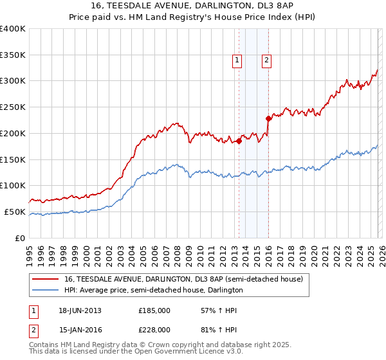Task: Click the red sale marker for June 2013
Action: pyautogui.click(x=239, y=141)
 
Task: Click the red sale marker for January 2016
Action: pyautogui.click(x=268, y=118)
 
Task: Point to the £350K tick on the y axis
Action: pyautogui.click(x=13, y=55)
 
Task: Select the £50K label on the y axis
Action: pyautogui.click(x=15, y=212)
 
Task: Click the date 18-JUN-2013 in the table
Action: pyautogui.click(x=80, y=310)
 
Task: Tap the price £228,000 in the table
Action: pyautogui.click(x=154, y=329)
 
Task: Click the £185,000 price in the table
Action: pyautogui.click(x=154, y=310)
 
